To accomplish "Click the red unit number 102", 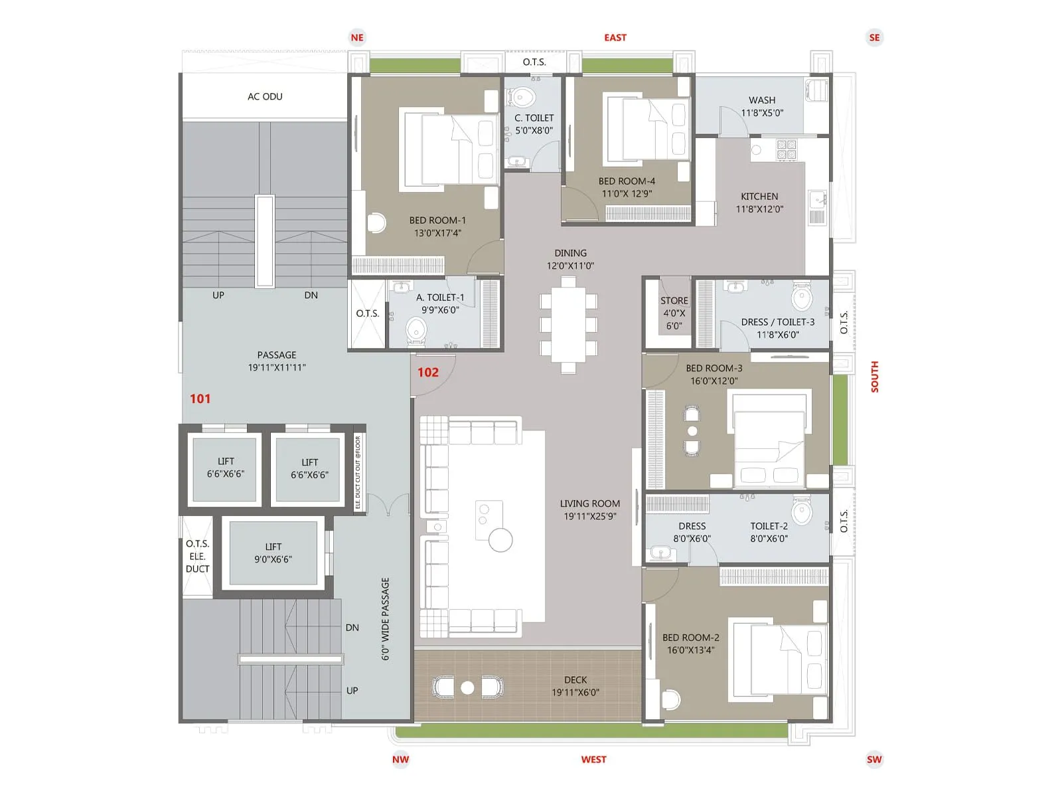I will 427,373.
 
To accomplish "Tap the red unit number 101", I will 200,398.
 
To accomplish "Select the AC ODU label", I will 265,97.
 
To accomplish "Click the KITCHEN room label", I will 759,197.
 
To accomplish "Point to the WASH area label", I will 762,100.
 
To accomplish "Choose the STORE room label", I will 674,301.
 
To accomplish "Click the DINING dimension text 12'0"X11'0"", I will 570,266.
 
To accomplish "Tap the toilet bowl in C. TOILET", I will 523,98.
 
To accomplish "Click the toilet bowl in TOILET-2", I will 802,512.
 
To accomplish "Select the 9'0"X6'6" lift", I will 273,553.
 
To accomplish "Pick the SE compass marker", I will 874,38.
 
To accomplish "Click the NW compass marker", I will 400,759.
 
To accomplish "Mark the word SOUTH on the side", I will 874,377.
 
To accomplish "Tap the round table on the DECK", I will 467,687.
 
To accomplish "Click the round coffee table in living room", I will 500,540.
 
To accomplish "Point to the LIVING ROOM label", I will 589,504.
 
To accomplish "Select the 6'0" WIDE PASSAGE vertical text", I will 385,618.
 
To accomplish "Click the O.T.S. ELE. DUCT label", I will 197,557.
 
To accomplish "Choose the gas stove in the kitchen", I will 786,149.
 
